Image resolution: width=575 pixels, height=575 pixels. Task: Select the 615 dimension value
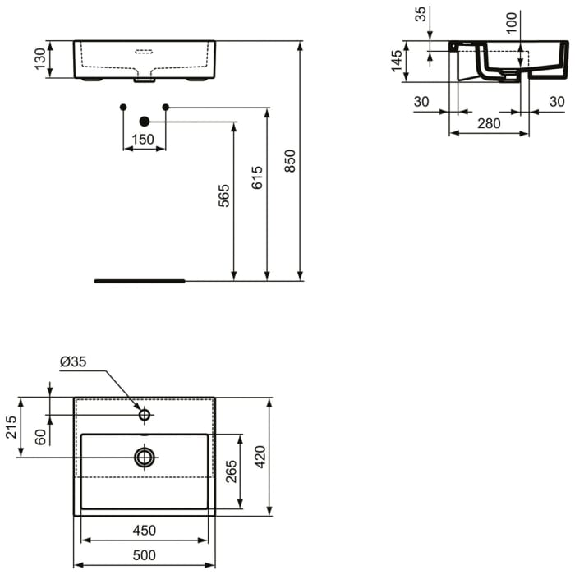tap(257, 178)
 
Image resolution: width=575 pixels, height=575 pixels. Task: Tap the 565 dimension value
tap(224, 195)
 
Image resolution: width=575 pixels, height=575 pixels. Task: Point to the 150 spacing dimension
tap(144, 140)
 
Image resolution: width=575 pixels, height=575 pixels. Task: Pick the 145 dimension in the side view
tap(398, 62)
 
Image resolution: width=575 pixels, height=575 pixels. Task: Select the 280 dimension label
tap(489, 124)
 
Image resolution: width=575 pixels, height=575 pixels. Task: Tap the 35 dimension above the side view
tap(421, 14)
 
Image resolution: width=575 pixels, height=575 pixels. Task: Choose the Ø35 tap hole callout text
tap(73, 361)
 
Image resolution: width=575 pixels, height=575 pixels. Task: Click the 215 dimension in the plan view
tap(11, 426)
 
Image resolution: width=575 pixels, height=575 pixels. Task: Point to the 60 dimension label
tap(40, 436)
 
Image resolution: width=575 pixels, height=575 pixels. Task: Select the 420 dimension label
tap(260, 457)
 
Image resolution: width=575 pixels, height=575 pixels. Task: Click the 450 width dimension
tap(144, 531)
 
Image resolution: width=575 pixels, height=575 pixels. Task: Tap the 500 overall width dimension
tap(144, 556)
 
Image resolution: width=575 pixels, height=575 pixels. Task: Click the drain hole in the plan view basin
tap(145, 457)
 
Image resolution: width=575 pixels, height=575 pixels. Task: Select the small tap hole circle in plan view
tap(145, 415)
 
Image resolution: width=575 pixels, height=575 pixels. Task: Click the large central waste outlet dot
tap(145, 122)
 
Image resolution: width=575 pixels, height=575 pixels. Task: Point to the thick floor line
tap(140, 281)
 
